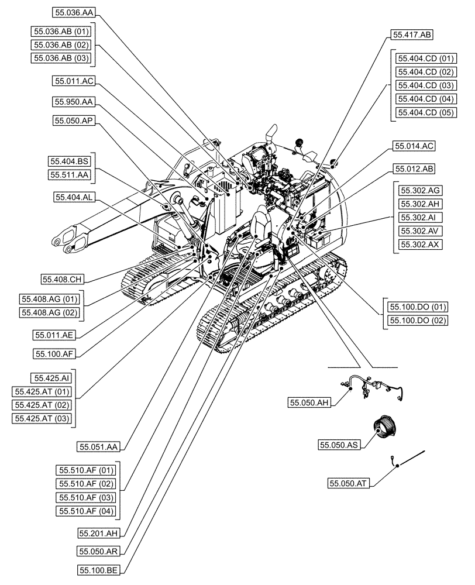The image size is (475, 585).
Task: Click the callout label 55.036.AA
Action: [73, 11]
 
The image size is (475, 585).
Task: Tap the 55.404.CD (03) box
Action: [425, 85]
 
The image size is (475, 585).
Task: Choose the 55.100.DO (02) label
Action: [416, 320]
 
